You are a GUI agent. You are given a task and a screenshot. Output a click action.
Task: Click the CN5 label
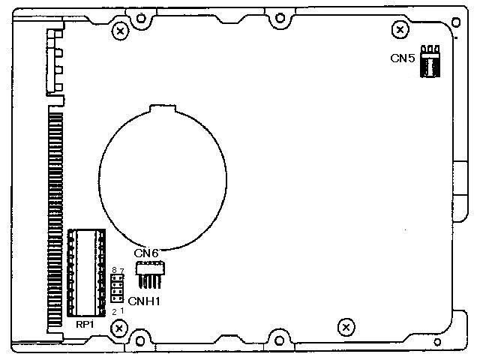[402, 58]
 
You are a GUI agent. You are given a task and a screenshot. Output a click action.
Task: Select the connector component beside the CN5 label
[430, 61]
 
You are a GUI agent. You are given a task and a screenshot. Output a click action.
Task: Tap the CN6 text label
[146, 253]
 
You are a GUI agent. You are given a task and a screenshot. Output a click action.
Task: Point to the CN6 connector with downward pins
[150, 274]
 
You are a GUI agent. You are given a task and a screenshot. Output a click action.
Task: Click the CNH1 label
[144, 301]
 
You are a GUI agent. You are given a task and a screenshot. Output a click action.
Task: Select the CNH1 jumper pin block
[117, 288]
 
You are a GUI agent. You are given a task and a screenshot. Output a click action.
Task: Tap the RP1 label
[85, 325]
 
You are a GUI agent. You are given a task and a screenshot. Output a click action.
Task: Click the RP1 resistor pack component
[86, 273]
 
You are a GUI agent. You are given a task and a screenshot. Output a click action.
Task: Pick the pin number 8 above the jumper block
[114, 270]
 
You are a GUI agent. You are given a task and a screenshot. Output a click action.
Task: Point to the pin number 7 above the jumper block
[121, 271]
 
